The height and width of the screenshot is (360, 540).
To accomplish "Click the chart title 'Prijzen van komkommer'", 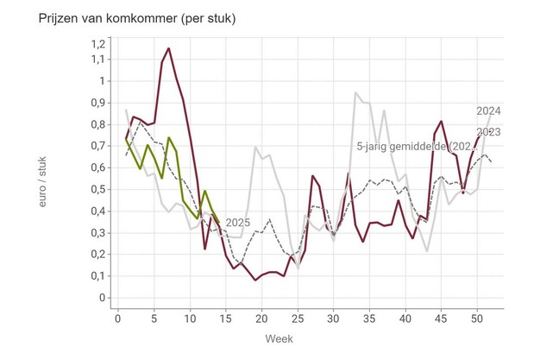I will [126, 18].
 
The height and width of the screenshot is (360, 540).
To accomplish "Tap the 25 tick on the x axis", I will [298, 318].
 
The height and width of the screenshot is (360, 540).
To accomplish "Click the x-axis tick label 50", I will [476, 318].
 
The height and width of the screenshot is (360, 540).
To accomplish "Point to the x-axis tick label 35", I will [369, 318].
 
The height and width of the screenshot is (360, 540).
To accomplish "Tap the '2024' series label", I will [488, 111].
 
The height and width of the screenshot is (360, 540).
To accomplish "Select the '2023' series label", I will [488, 132].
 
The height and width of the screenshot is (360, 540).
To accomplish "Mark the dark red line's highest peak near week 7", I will [168, 48].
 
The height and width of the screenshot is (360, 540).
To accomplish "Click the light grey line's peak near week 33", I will [355, 92].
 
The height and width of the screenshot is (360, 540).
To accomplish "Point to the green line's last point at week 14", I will [218, 222].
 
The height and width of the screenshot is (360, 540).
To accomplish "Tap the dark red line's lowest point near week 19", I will [255, 280].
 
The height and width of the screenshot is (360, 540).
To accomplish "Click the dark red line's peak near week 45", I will [441, 122].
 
